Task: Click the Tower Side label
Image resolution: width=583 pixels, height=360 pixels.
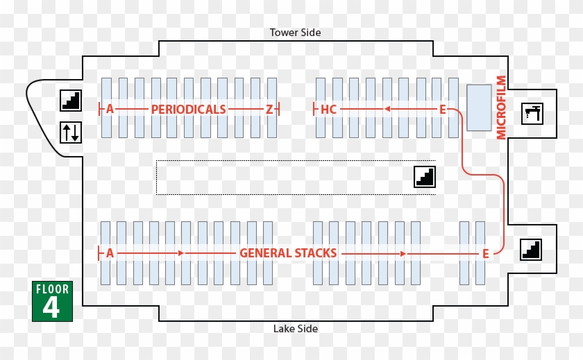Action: [295, 33]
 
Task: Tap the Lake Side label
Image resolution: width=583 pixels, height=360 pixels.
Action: [295, 329]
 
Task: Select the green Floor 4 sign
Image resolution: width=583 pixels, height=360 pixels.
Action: [51, 301]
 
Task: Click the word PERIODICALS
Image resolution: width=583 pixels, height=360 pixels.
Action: [188, 110]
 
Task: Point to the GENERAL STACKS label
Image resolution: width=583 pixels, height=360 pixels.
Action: [288, 253]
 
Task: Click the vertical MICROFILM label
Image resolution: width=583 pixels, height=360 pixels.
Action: [502, 108]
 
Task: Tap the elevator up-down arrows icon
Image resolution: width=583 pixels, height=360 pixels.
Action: [71, 132]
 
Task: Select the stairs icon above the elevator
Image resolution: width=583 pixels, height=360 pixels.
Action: [71, 101]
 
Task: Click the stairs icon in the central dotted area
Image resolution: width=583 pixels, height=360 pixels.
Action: [425, 177]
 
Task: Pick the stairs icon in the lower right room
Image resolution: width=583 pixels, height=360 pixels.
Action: [531, 250]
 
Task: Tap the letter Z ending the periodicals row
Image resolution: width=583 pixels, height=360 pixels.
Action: [269, 110]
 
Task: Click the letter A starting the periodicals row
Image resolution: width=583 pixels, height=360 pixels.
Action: [110, 110]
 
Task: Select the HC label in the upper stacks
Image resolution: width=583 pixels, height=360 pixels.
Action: [328, 110]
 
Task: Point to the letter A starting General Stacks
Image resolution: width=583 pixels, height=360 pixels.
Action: [110, 253]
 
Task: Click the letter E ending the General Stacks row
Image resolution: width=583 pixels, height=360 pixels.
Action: [486, 254]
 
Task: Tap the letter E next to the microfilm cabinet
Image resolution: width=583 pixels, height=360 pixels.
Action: [442, 110]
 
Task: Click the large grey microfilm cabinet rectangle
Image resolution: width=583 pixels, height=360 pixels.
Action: [479, 108]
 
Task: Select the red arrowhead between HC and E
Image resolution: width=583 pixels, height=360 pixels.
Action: [387, 109]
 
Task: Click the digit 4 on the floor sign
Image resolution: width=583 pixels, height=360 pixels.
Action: [51, 307]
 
